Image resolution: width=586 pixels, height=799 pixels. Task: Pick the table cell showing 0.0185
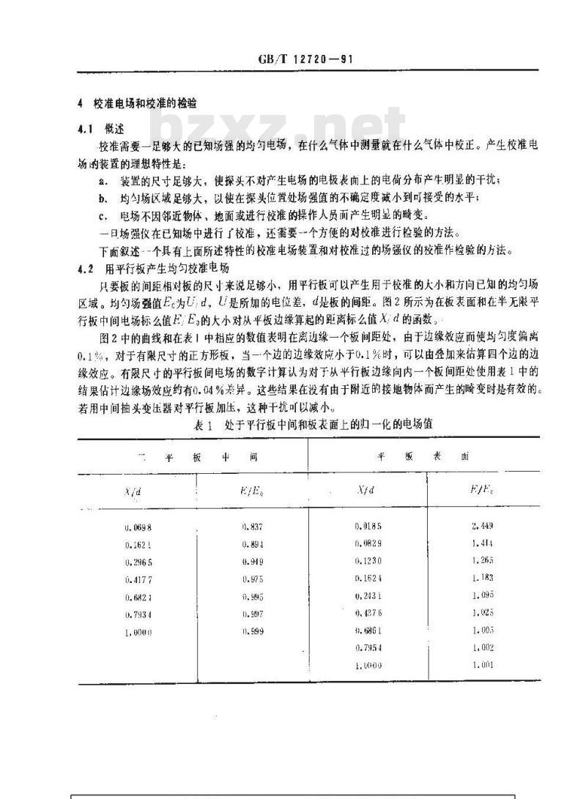pyautogui.click(x=368, y=525)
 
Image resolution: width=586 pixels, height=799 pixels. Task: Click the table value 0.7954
pyautogui.click(x=368, y=647)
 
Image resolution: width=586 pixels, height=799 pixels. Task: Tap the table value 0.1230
pyautogui.click(x=368, y=560)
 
